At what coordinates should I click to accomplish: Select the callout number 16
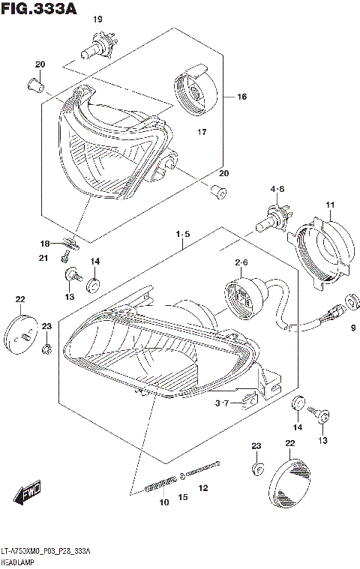tap(242, 97)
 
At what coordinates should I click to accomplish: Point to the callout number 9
tap(352, 327)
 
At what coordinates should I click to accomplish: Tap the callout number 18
tap(44, 243)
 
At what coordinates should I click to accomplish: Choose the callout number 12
tap(202, 489)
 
